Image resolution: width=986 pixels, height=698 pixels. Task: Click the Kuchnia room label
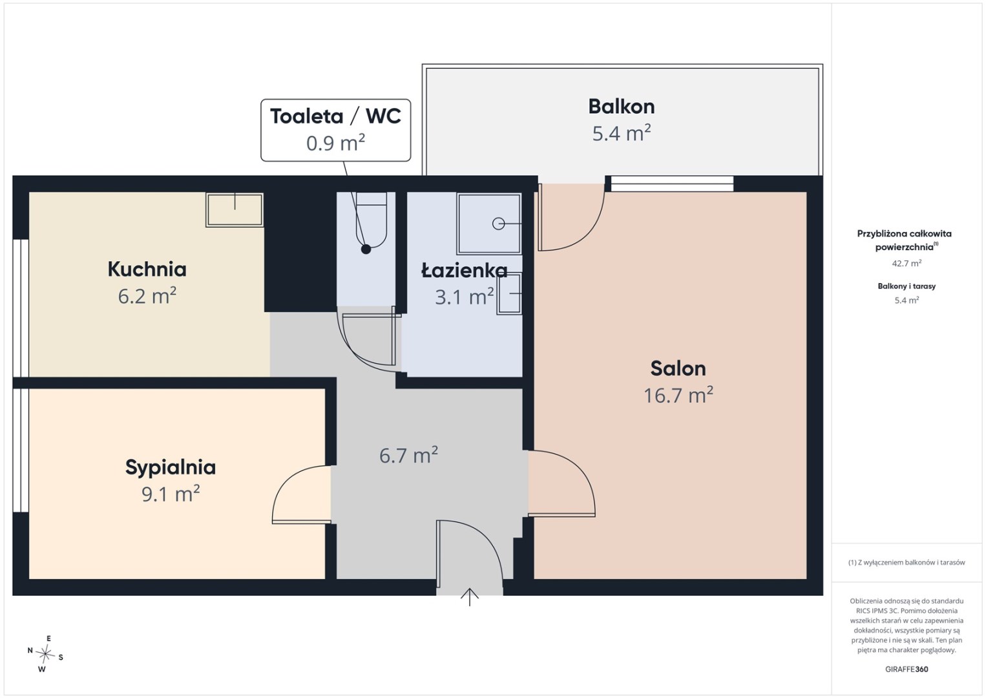(147, 269)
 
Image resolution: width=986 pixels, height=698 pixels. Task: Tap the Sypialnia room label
(171, 467)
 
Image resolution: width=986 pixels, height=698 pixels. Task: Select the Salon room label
(678, 368)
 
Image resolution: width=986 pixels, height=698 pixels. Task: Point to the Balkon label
(621, 107)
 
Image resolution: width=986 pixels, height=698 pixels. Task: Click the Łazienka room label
(465, 270)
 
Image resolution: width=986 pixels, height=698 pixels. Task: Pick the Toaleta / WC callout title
(335, 116)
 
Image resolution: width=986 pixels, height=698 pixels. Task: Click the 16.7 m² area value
(678, 395)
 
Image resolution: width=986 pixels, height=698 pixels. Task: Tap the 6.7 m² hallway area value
(408, 455)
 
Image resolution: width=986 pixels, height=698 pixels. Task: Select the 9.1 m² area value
(171, 494)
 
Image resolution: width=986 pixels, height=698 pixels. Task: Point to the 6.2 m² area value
(147, 296)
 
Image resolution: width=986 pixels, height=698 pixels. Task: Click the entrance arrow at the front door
(470, 597)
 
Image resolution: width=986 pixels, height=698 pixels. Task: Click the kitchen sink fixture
(235, 209)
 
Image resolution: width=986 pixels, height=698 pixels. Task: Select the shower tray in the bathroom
(489, 224)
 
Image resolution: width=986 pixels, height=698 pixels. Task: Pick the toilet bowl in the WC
(371, 220)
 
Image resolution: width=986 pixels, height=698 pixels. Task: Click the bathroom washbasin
(509, 293)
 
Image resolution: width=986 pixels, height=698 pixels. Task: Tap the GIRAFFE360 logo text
(907, 670)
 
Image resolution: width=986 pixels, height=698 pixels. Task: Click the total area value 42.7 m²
(907, 263)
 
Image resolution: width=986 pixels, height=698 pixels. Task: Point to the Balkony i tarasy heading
(907, 286)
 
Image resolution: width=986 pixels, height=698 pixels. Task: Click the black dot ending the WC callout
(366, 249)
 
